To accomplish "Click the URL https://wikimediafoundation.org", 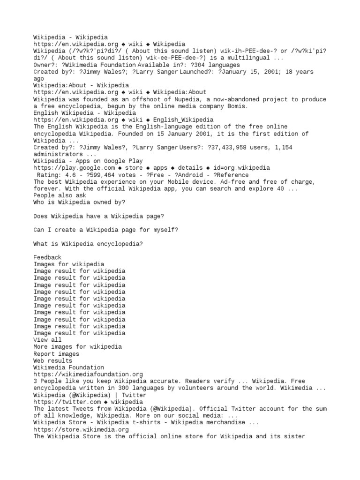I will [x=88, y=375].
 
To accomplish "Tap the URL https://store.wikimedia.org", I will [x=81, y=429].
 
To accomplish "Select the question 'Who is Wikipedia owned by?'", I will [x=79, y=202].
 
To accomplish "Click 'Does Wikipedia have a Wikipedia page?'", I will [x=98, y=216].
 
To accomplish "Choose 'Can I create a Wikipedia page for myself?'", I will [x=105, y=230].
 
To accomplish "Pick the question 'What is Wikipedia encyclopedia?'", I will [x=88, y=244].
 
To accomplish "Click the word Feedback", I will [x=47, y=257].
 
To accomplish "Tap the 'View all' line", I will [x=47, y=340].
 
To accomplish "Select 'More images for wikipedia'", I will [x=77, y=347].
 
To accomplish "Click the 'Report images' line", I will [x=56, y=354].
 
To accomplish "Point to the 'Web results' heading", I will [x=53, y=361].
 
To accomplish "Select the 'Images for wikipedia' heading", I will [x=69, y=264].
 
